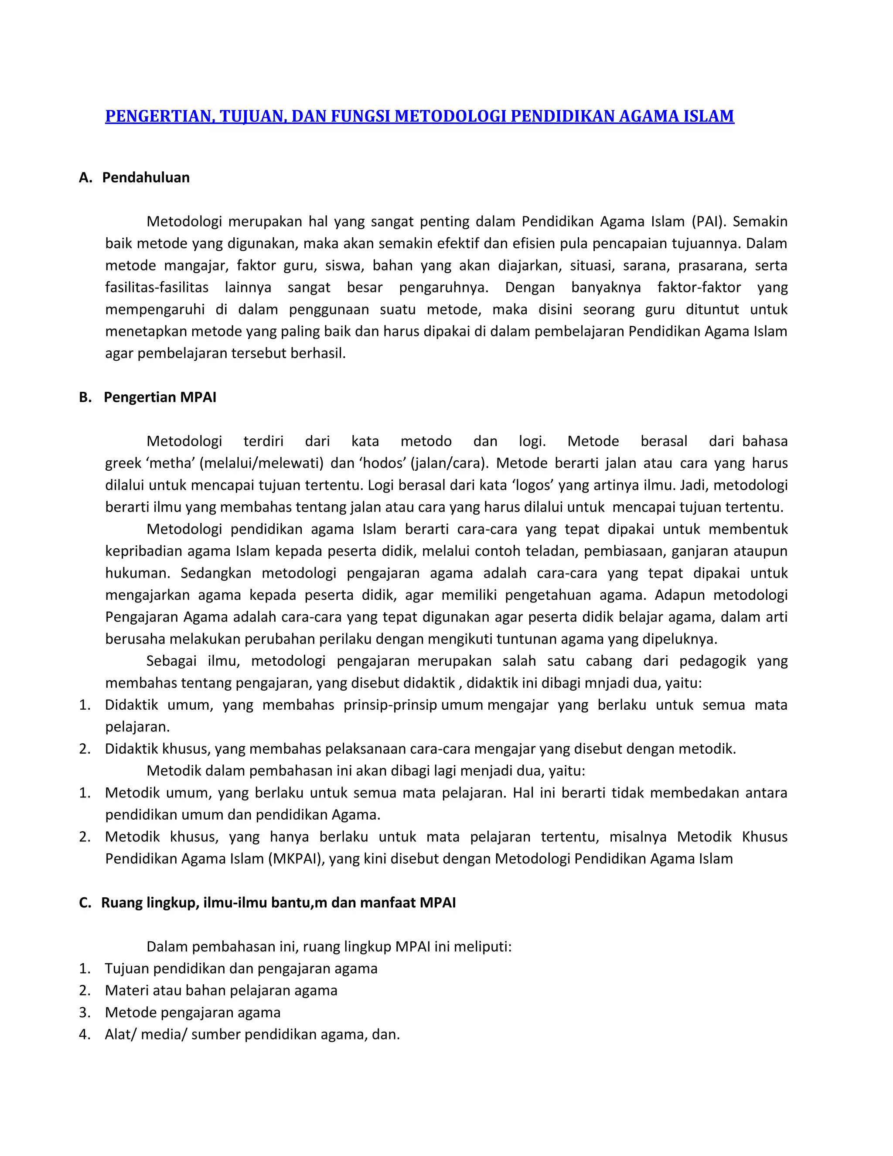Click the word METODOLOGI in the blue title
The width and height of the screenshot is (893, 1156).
coord(451,116)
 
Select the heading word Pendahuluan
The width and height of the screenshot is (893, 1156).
coord(146,177)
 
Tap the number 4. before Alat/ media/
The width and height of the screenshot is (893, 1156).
coord(85,1034)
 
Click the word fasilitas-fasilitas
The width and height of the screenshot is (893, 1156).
coord(157,287)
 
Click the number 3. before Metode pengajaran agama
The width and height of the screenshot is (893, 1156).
coord(85,1012)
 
